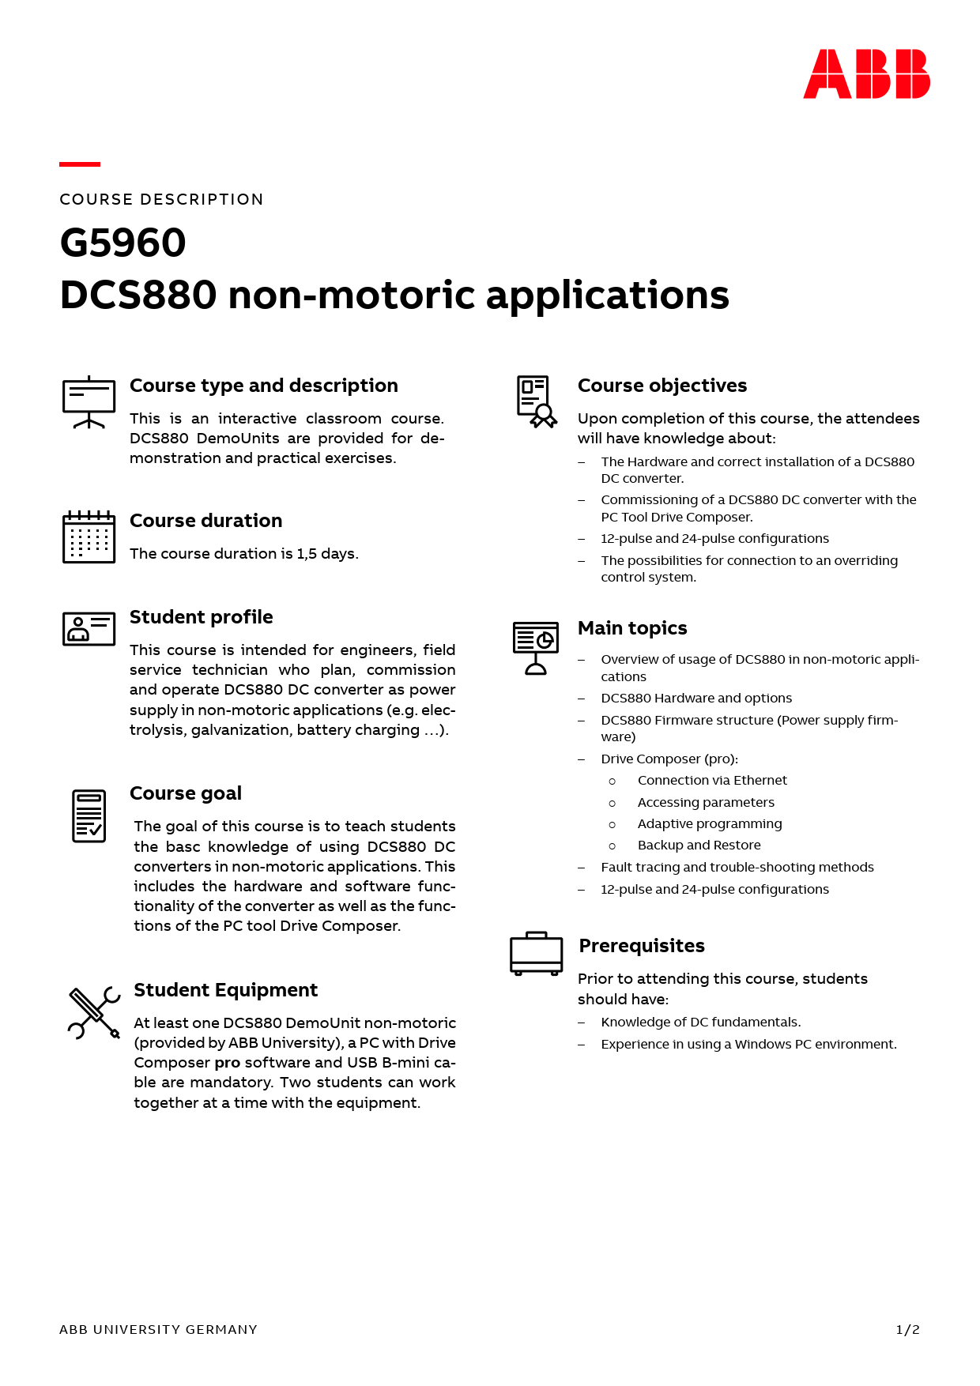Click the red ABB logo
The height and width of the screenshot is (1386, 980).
click(x=866, y=74)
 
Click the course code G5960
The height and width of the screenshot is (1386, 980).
click(x=123, y=243)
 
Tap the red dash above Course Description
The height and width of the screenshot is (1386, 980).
click(x=80, y=164)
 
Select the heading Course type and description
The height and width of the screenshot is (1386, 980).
click(x=263, y=386)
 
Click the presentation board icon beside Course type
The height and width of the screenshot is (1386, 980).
click(x=89, y=402)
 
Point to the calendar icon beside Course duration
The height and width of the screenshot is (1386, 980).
click(x=89, y=537)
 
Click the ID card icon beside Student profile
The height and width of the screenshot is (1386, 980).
click(x=89, y=629)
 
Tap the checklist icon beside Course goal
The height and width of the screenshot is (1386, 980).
click(x=89, y=815)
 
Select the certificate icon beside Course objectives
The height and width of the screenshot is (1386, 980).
click(x=536, y=401)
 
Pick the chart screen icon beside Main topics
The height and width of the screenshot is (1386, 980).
click(x=535, y=647)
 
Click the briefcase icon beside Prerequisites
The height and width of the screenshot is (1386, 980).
click(x=536, y=953)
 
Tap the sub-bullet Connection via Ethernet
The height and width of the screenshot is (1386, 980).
click(x=712, y=781)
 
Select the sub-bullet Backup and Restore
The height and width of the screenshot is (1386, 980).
click(x=699, y=846)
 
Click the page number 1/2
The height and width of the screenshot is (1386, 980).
click(x=907, y=1330)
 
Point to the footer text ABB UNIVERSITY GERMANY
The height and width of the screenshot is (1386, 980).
click(x=158, y=1330)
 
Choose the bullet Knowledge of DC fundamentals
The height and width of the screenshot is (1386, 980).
click(x=700, y=1023)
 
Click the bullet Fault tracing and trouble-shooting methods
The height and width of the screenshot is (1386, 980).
click(x=737, y=868)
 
